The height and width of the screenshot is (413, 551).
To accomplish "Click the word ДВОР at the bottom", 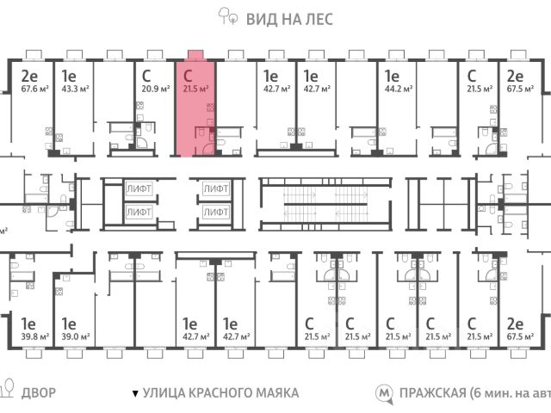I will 38,393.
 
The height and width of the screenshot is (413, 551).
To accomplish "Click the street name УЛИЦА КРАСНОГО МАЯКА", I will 220,393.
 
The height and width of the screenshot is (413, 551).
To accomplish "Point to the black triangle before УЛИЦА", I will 133,394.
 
